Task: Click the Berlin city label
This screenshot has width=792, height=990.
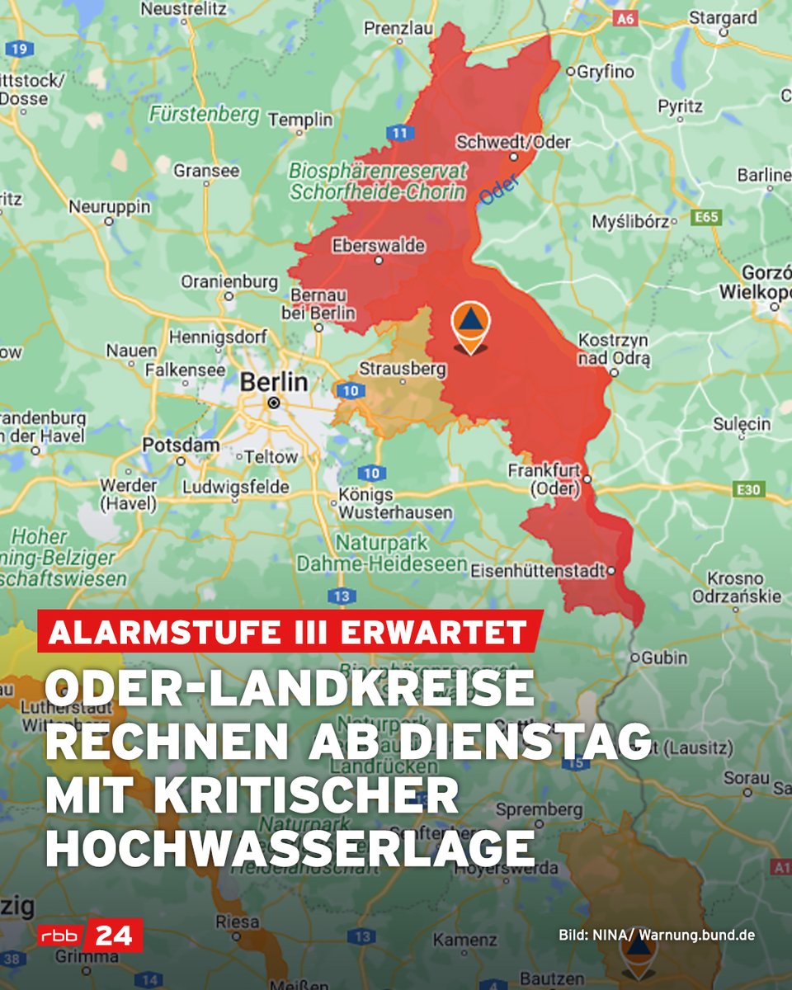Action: [x=274, y=383]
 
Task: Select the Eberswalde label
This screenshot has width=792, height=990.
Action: [x=379, y=246]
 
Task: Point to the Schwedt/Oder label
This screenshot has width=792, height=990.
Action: [x=513, y=143]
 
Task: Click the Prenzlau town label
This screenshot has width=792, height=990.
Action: [x=398, y=28]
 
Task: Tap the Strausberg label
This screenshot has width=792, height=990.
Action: [x=403, y=369]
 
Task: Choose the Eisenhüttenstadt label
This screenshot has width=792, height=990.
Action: [x=537, y=571]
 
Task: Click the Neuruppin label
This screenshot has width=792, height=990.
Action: [x=110, y=206]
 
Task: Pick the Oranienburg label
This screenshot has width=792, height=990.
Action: [x=229, y=282]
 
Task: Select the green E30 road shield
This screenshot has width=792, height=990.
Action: [x=749, y=490]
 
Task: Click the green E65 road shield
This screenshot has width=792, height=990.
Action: [x=706, y=217]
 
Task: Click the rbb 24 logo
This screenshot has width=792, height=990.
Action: [x=90, y=936]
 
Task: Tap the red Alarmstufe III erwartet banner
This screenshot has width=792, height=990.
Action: [x=290, y=632]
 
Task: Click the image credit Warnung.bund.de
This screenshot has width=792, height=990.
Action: [x=697, y=936]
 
